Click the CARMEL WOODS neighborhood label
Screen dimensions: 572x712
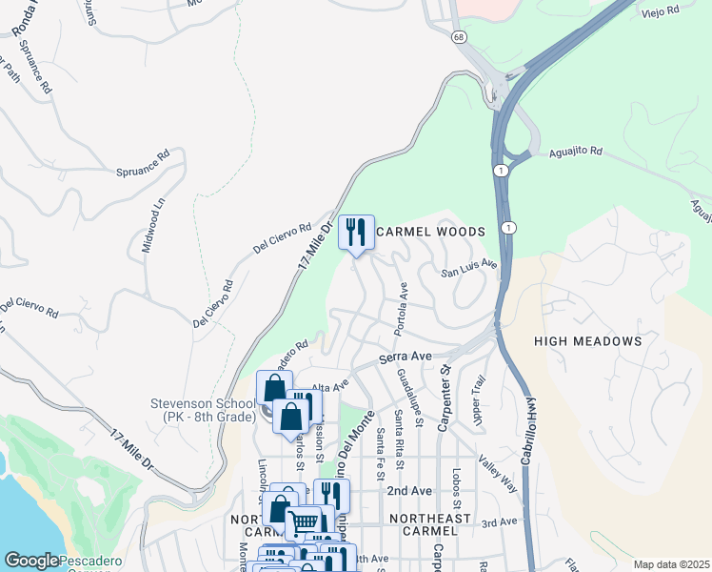[x=431, y=232]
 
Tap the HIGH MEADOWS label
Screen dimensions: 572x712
[x=587, y=340]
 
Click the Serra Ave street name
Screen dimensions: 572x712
[x=405, y=357]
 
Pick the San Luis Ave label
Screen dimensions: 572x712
[x=468, y=269]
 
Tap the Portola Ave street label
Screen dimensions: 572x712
[x=402, y=308]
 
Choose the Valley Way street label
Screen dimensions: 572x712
[x=498, y=473]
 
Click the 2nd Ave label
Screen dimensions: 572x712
[x=409, y=490]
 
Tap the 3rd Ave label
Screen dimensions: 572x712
[x=498, y=522]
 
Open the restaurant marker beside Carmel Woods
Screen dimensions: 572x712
[x=356, y=232]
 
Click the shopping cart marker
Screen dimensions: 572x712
[x=303, y=522]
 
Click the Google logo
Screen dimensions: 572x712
[x=31, y=561]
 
